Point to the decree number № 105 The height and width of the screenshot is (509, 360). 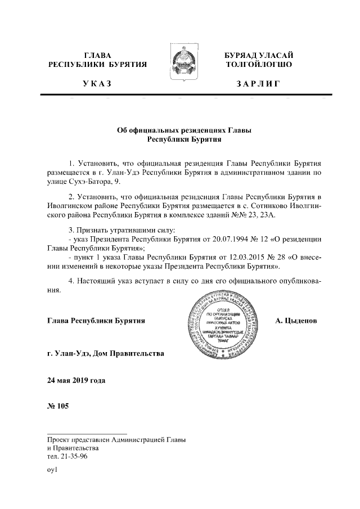(x=58, y=406)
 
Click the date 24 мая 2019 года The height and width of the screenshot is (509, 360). (x=76, y=380)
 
